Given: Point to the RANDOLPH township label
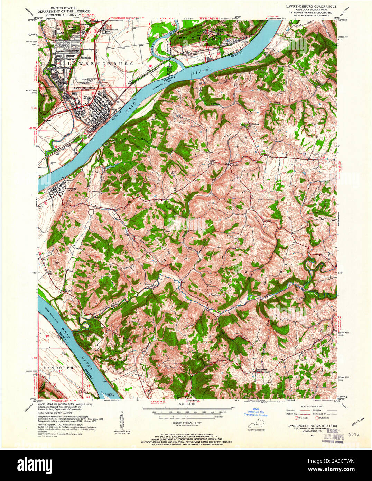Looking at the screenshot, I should pos(57,368).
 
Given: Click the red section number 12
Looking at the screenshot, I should pos(150,65).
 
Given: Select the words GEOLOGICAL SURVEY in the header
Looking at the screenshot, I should pos(65,15).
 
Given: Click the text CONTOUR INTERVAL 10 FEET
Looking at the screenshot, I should pos(186,423).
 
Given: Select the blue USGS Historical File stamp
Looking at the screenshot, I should pos(256,413).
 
